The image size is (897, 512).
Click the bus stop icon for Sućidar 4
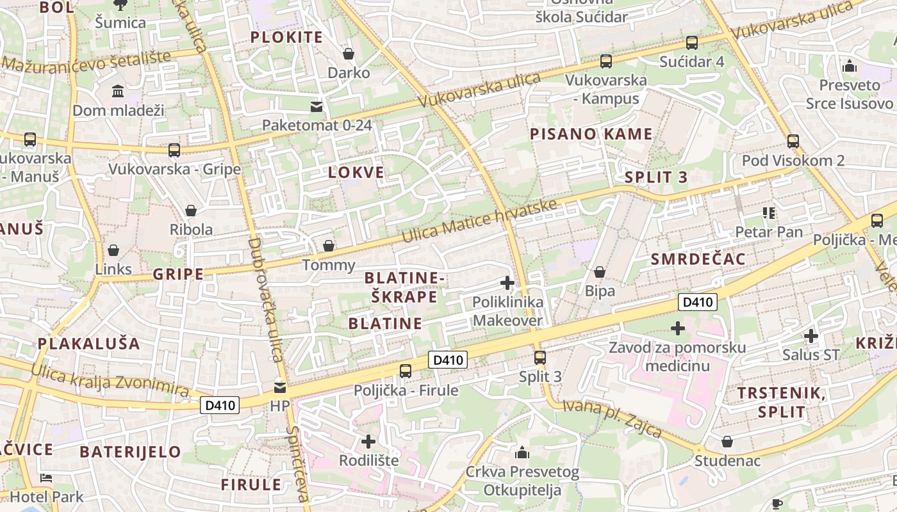pyautogui.click(x=692, y=43)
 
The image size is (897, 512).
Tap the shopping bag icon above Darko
pyautogui.click(x=349, y=54)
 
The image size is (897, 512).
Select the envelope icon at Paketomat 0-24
pyautogui.click(x=317, y=106)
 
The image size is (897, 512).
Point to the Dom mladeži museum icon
pyautogui.click(x=118, y=92)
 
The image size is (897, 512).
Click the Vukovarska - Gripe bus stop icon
pyautogui.click(x=174, y=150)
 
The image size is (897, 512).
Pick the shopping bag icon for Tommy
pyautogui.click(x=328, y=246)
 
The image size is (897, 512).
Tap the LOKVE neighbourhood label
pyautogui.click(x=356, y=172)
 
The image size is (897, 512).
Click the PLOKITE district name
pyautogui.click(x=286, y=37)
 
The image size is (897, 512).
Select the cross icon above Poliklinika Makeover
pyautogui.click(x=507, y=282)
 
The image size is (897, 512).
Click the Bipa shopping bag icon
pyautogui.click(x=600, y=272)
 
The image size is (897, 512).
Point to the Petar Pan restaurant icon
pyautogui.click(x=768, y=213)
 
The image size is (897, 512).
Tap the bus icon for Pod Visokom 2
pyautogui.click(x=793, y=141)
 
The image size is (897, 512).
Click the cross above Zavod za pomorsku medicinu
pyautogui.click(x=677, y=329)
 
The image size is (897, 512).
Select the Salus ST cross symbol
pyautogui.click(x=811, y=335)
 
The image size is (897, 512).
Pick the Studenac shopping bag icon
pyautogui.click(x=727, y=442)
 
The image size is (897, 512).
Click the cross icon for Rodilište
pyautogui.click(x=368, y=441)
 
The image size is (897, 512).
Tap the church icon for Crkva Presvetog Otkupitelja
pyautogui.click(x=522, y=453)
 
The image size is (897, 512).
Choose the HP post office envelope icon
pyautogui.click(x=280, y=387)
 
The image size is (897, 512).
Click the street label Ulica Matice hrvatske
pyautogui.click(x=479, y=221)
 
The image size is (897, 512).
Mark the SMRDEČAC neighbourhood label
pyautogui.click(x=698, y=259)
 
